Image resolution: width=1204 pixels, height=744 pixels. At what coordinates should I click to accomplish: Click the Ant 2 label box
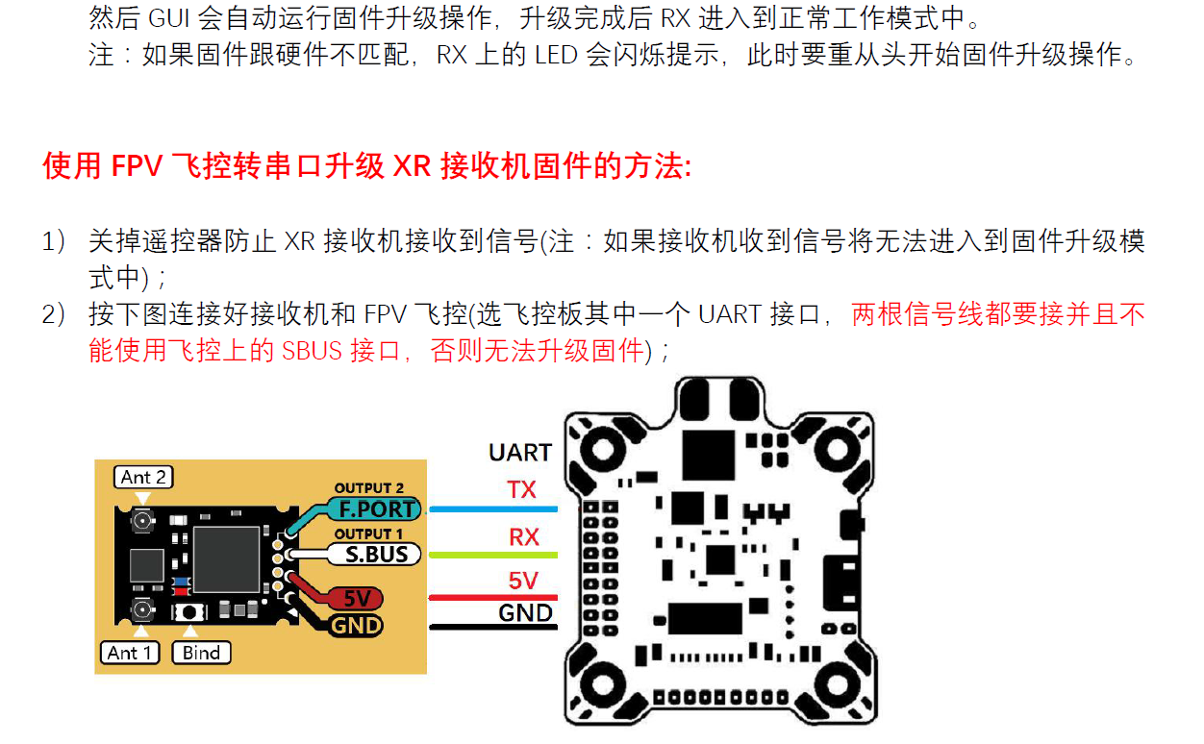pos(143,477)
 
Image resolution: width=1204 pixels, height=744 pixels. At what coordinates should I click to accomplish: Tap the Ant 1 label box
pos(130,653)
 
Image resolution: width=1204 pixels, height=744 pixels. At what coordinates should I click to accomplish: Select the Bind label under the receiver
pos(201,653)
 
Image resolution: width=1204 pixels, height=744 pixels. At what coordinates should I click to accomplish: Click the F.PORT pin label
pos(376,509)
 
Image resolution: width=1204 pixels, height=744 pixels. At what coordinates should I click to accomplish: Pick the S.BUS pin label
pos(376,555)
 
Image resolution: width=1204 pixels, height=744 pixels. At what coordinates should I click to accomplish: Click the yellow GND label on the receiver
pos(357,627)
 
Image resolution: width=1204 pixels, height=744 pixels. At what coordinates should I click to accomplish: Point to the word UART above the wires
pos(520,453)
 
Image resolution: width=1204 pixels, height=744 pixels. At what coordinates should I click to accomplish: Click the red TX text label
pos(522,490)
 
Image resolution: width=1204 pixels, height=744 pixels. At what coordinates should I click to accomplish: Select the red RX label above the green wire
pos(524,536)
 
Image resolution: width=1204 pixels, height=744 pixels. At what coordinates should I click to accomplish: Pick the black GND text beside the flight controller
pos(525,612)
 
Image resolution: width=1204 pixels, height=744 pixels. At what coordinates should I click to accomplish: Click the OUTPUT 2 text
pos(369,488)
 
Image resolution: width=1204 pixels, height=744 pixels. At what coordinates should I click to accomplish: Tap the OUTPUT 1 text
pos(369,534)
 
